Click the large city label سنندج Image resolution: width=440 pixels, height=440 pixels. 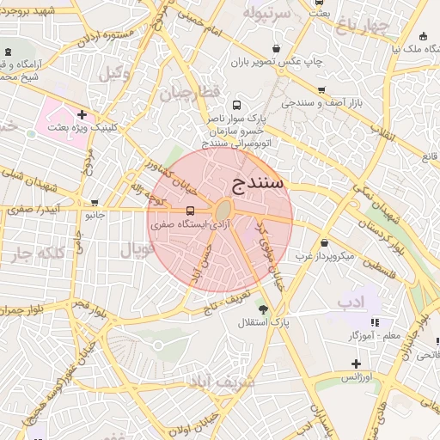(x=258, y=182)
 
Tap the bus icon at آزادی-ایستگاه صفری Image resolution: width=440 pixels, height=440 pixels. (x=190, y=211)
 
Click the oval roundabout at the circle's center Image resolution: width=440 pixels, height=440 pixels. (x=223, y=211)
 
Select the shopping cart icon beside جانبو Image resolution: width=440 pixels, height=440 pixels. (x=94, y=203)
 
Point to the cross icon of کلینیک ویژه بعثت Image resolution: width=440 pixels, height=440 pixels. (x=82, y=114)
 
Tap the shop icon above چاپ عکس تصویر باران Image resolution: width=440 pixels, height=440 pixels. (x=275, y=49)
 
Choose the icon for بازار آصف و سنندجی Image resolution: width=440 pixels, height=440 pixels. (x=321, y=90)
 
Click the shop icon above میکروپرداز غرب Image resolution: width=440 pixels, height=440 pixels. (x=324, y=243)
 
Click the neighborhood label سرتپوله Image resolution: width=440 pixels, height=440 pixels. (x=263, y=14)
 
